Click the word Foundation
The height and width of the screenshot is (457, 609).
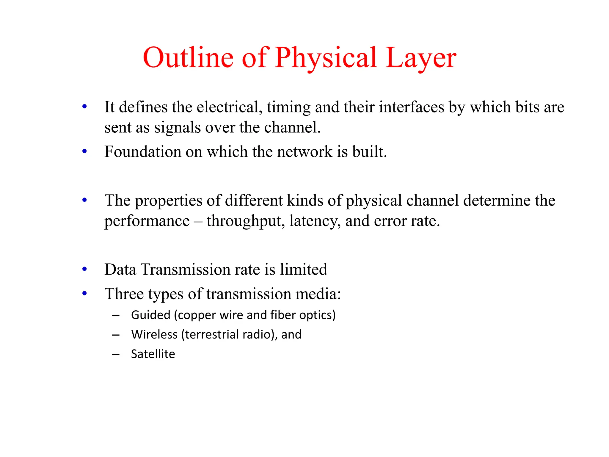coord(143,152)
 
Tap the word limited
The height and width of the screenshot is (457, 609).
coord(303,270)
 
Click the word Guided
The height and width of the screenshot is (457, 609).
coord(150,315)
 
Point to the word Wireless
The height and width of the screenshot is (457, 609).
coord(154,334)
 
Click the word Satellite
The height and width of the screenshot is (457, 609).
coord(153,354)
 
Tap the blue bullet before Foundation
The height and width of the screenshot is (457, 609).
coord(85,151)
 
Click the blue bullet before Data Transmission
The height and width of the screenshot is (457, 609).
coord(85,269)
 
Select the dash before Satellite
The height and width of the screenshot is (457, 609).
coord(116,354)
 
